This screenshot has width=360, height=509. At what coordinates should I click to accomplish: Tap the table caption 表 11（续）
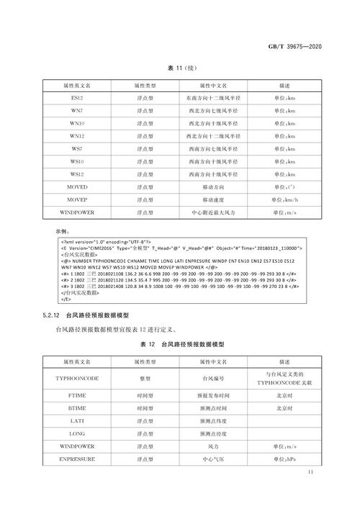[180, 68]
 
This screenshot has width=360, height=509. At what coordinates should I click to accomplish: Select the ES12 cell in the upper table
[77, 98]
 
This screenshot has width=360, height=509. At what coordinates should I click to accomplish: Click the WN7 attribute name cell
[77, 110]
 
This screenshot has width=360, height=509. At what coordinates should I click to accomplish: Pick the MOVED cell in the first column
[77, 186]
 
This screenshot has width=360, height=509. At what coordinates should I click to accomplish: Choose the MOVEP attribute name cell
[77, 199]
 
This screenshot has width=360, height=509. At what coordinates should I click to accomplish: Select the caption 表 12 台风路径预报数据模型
[180, 344]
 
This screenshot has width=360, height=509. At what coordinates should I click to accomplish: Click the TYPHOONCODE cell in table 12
[77, 377]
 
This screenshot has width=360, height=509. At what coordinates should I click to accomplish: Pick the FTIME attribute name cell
[77, 395]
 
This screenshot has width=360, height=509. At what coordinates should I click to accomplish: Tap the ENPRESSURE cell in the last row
[77, 459]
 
